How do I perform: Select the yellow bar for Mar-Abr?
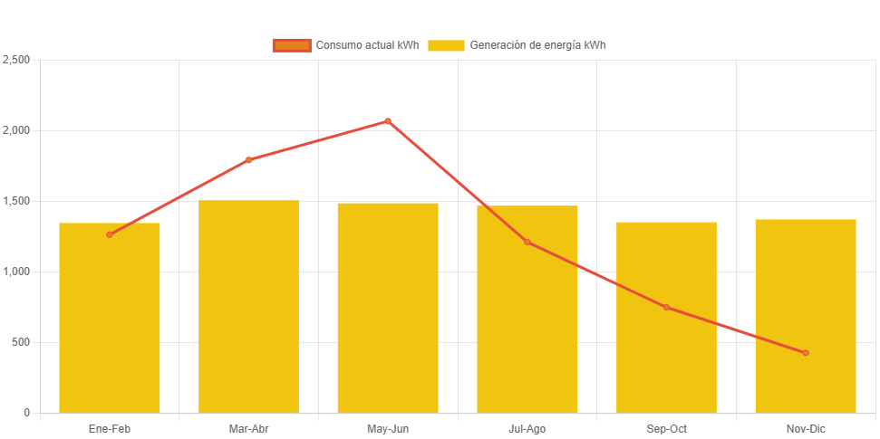(x=248, y=308)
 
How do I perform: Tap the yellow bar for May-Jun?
(x=388, y=308)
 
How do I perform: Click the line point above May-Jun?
(x=388, y=120)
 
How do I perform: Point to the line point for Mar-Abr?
(x=248, y=160)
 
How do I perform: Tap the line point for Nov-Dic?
(x=806, y=353)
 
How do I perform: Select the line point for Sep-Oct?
(x=666, y=308)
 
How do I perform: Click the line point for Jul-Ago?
(x=527, y=242)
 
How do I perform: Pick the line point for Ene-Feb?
(x=110, y=234)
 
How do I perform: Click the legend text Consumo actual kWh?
(x=367, y=45)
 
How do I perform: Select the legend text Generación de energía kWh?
(x=537, y=45)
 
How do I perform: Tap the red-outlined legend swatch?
(x=292, y=45)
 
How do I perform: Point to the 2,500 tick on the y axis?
(x=16, y=60)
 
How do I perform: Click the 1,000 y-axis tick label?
(x=16, y=272)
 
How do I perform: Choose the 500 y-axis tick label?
(x=20, y=342)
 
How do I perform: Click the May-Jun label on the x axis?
(x=388, y=429)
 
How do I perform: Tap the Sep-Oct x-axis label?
(x=666, y=429)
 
